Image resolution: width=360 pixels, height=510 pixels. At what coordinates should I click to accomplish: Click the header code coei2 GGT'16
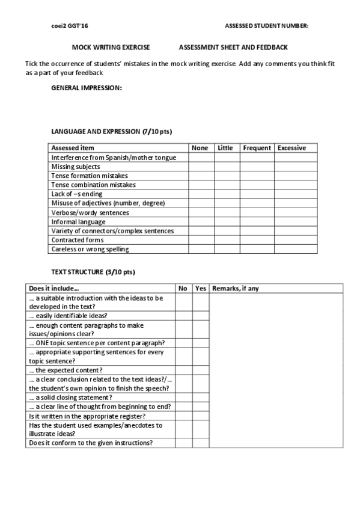(x=70, y=26)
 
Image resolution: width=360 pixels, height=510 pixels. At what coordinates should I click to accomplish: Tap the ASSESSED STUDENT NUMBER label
(x=266, y=26)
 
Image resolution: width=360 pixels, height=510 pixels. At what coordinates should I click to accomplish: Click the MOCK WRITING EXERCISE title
(x=111, y=46)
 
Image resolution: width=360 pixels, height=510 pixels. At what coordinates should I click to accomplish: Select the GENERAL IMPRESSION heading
(x=87, y=88)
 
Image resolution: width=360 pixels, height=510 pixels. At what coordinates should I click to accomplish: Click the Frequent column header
(x=257, y=148)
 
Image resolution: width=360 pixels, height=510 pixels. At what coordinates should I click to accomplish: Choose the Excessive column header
(x=291, y=148)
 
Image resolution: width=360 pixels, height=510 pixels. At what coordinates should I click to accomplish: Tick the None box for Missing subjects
(x=201, y=167)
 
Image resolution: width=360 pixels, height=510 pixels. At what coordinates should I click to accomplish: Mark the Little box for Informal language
(x=228, y=222)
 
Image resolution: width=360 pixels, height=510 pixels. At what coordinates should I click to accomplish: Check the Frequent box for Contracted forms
(x=257, y=240)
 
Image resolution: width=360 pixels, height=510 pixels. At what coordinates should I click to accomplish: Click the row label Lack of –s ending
(x=77, y=194)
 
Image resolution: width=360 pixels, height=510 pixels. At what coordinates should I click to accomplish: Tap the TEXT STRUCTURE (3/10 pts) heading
(x=93, y=272)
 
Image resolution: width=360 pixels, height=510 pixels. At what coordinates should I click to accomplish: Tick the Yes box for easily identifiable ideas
(x=201, y=315)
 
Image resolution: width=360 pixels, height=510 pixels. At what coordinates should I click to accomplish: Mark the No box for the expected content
(x=183, y=370)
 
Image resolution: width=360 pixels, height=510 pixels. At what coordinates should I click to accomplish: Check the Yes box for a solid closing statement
(x=201, y=398)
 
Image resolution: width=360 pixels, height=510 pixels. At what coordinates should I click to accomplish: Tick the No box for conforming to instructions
(x=183, y=443)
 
